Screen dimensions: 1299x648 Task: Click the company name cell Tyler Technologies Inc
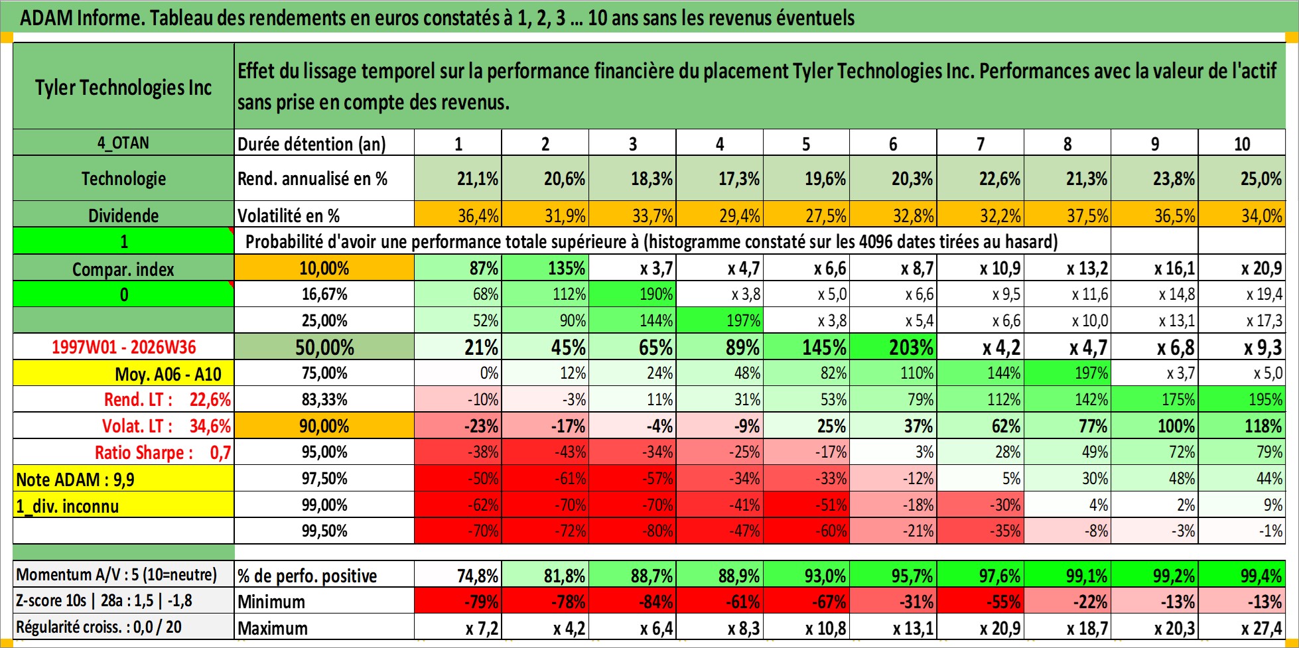point(123,87)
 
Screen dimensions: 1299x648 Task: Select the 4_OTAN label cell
point(123,143)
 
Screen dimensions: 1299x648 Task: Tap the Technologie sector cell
point(123,178)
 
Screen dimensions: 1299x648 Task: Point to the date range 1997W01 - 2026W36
point(124,347)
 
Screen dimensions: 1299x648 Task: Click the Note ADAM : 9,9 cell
point(123,479)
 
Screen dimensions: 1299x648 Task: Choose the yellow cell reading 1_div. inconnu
point(123,505)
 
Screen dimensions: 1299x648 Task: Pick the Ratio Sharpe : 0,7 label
point(163,452)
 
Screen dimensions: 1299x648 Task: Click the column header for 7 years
point(981,143)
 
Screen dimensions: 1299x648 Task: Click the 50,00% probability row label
point(324,347)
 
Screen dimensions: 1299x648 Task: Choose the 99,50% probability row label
point(324,531)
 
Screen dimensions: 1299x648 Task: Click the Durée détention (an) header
point(312,144)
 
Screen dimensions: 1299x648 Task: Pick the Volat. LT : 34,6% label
point(167,426)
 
